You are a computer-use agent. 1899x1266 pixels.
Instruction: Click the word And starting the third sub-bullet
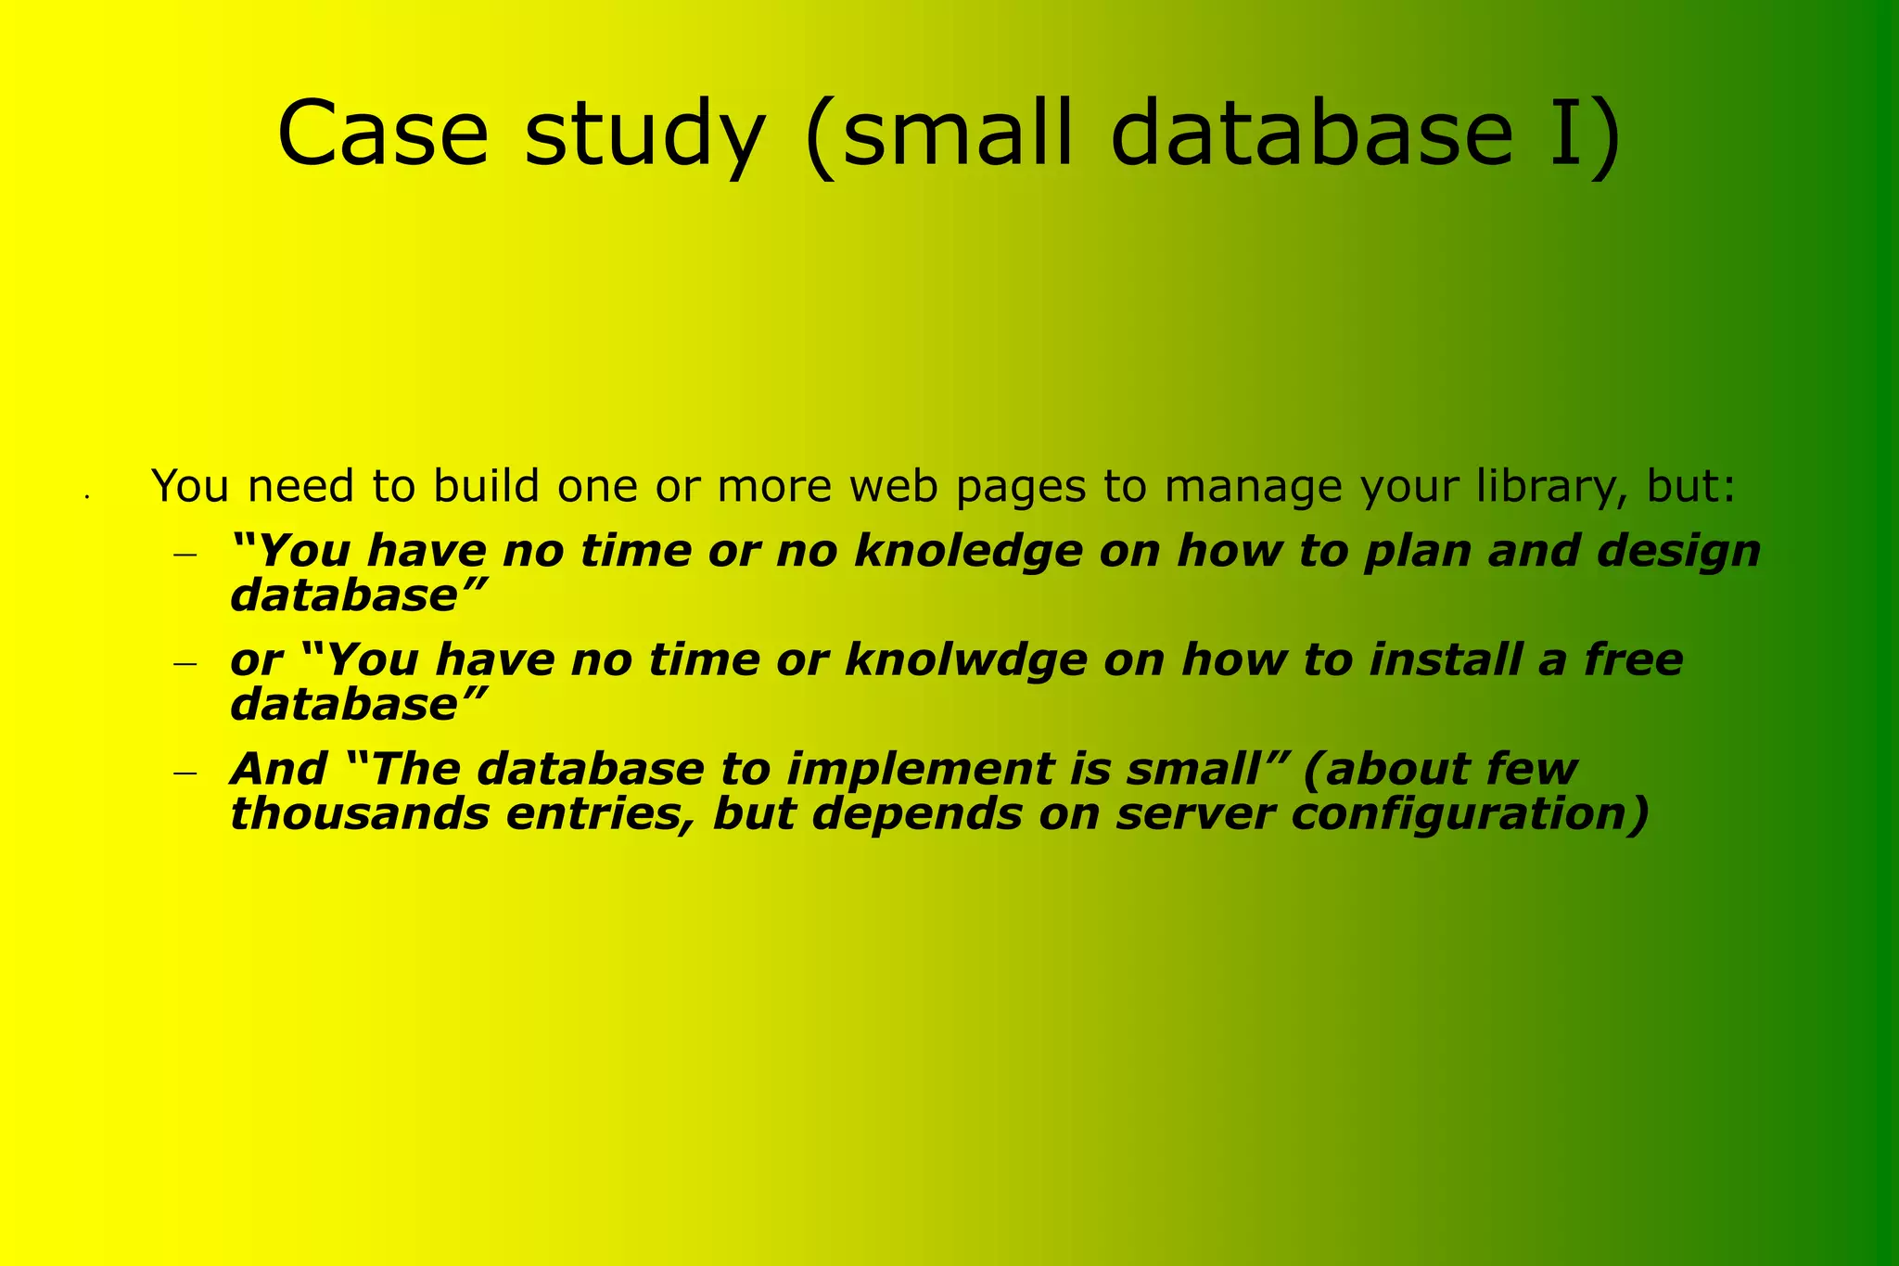point(278,770)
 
